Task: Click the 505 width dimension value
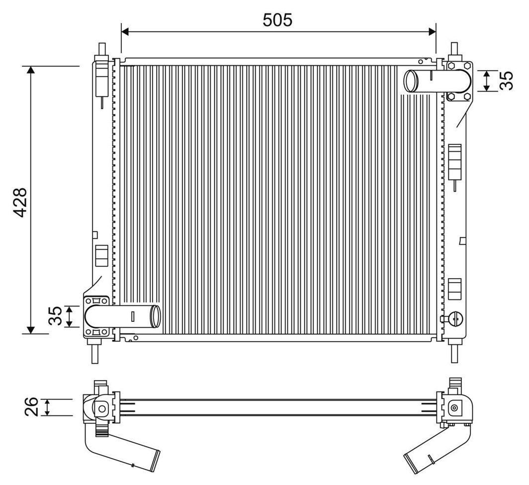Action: tap(277, 20)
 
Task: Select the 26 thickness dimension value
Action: tap(31, 407)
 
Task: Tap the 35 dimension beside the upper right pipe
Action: tap(507, 81)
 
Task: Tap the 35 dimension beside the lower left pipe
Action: tap(55, 316)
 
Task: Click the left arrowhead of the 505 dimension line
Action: tap(125, 32)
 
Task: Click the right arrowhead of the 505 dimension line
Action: tap(432, 32)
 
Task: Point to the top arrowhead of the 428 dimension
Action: tap(31, 70)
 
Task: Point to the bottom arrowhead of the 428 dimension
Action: tap(31, 330)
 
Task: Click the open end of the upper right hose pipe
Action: tap(411, 81)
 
